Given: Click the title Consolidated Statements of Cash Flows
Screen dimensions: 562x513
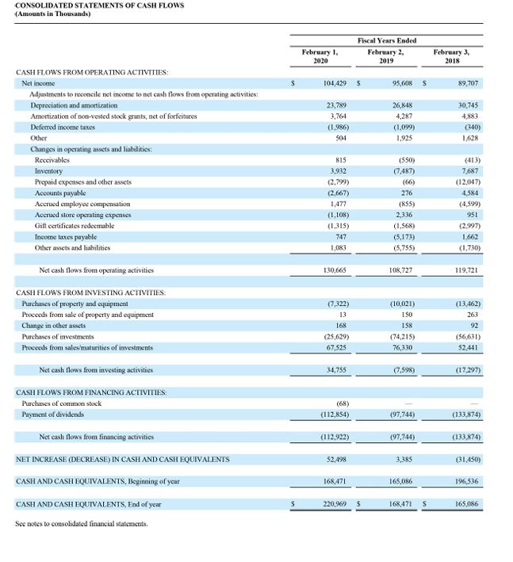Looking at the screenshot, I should (100, 6).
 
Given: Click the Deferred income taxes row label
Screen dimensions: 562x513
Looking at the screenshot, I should (59, 127).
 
